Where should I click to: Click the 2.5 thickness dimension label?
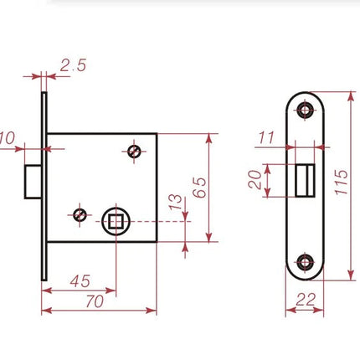[x=73, y=65]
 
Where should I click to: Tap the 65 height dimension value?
[x=200, y=188]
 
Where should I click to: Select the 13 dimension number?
[x=175, y=202]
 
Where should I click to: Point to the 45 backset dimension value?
[x=80, y=281]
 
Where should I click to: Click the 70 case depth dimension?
[x=95, y=301]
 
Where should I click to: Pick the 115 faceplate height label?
[x=341, y=182]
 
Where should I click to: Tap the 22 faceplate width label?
[x=306, y=300]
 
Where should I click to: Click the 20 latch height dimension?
[x=255, y=180]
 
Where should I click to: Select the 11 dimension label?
[x=267, y=137]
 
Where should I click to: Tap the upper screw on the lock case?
[x=134, y=152]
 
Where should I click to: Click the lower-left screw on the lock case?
[x=80, y=215]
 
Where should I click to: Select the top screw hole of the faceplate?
[x=305, y=110]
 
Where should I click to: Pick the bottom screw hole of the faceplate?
[x=305, y=262]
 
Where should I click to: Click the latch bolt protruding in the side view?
[x=33, y=182]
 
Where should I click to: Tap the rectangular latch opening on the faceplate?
[x=305, y=181]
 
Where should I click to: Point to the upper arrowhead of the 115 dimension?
[x=352, y=96]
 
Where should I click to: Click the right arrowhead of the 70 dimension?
[x=152, y=311]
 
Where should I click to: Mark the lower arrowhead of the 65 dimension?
[x=209, y=238]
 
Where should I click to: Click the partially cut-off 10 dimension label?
[x=8, y=138]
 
